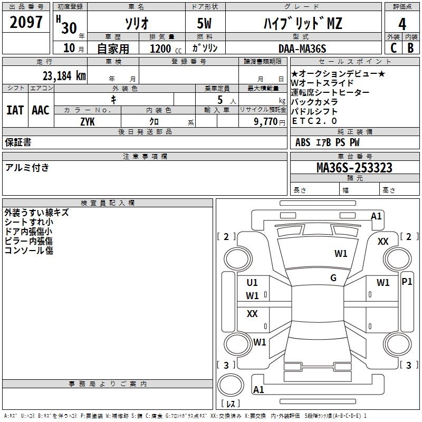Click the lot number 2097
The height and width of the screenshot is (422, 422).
tap(26, 23)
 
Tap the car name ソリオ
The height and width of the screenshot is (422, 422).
tap(136, 23)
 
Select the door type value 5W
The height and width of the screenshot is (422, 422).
tap(205, 23)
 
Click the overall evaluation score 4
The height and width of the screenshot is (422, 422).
tap(402, 24)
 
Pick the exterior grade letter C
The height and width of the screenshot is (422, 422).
tap(394, 47)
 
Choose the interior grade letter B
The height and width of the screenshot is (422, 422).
tap(410, 47)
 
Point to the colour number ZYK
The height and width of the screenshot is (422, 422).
tap(88, 121)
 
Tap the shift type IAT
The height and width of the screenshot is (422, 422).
tap(15, 110)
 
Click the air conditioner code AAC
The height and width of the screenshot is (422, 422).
tap(41, 110)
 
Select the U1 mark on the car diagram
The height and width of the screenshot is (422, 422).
tap(252, 283)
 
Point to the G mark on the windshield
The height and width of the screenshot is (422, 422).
tap(333, 278)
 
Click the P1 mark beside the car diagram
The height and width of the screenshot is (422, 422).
tap(407, 281)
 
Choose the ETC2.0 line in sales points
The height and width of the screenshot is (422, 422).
tap(314, 120)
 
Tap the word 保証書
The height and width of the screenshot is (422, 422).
tap(18, 142)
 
